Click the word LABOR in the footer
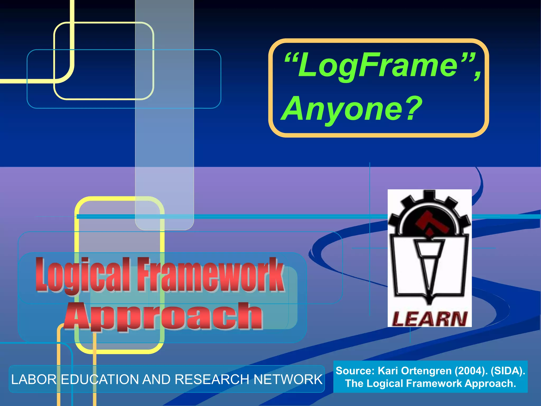pos(34,380)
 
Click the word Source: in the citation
pos(355,371)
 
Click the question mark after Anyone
pos(413,108)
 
